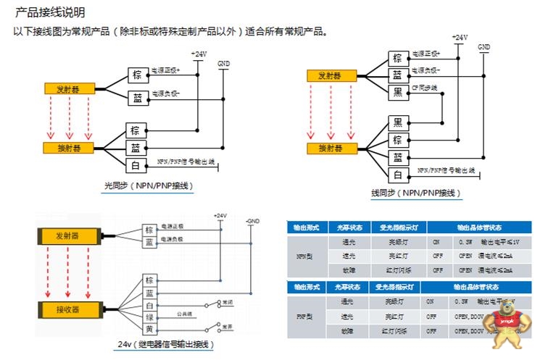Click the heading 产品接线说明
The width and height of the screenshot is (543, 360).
point(50,12)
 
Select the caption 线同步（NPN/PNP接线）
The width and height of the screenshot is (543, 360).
point(416,193)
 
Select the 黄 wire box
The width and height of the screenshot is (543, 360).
point(149,329)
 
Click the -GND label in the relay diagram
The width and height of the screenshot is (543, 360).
point(252,220)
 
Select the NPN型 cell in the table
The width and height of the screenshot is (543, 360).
point(303,256)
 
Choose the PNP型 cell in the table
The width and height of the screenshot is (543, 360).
point(303,316)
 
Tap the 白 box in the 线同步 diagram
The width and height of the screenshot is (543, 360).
point(397,174)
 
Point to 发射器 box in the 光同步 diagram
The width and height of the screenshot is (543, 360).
point(67,88)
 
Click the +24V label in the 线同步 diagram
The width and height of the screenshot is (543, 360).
point(459,37)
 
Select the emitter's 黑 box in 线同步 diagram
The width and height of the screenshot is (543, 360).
point(397,92)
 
